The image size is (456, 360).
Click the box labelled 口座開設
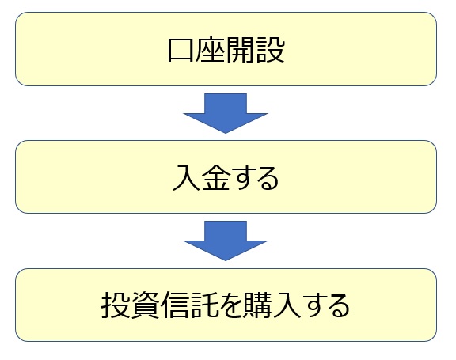pos(226,49)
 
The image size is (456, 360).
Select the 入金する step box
pos(226,176)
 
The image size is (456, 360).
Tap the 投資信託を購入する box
pos(226,305)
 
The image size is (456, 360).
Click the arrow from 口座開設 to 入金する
pos(226,113)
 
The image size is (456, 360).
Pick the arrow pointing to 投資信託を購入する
pos(226,241)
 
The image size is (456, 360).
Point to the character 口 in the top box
pos(180,50)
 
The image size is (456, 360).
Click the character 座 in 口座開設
pos(210,50)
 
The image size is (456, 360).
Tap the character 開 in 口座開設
pos(240,50)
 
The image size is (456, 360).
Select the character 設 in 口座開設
pos(270,50)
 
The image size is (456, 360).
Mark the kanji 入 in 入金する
pos(186,177)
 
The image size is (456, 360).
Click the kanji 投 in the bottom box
pos(115,305)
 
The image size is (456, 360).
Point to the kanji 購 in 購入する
pos(258,305)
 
